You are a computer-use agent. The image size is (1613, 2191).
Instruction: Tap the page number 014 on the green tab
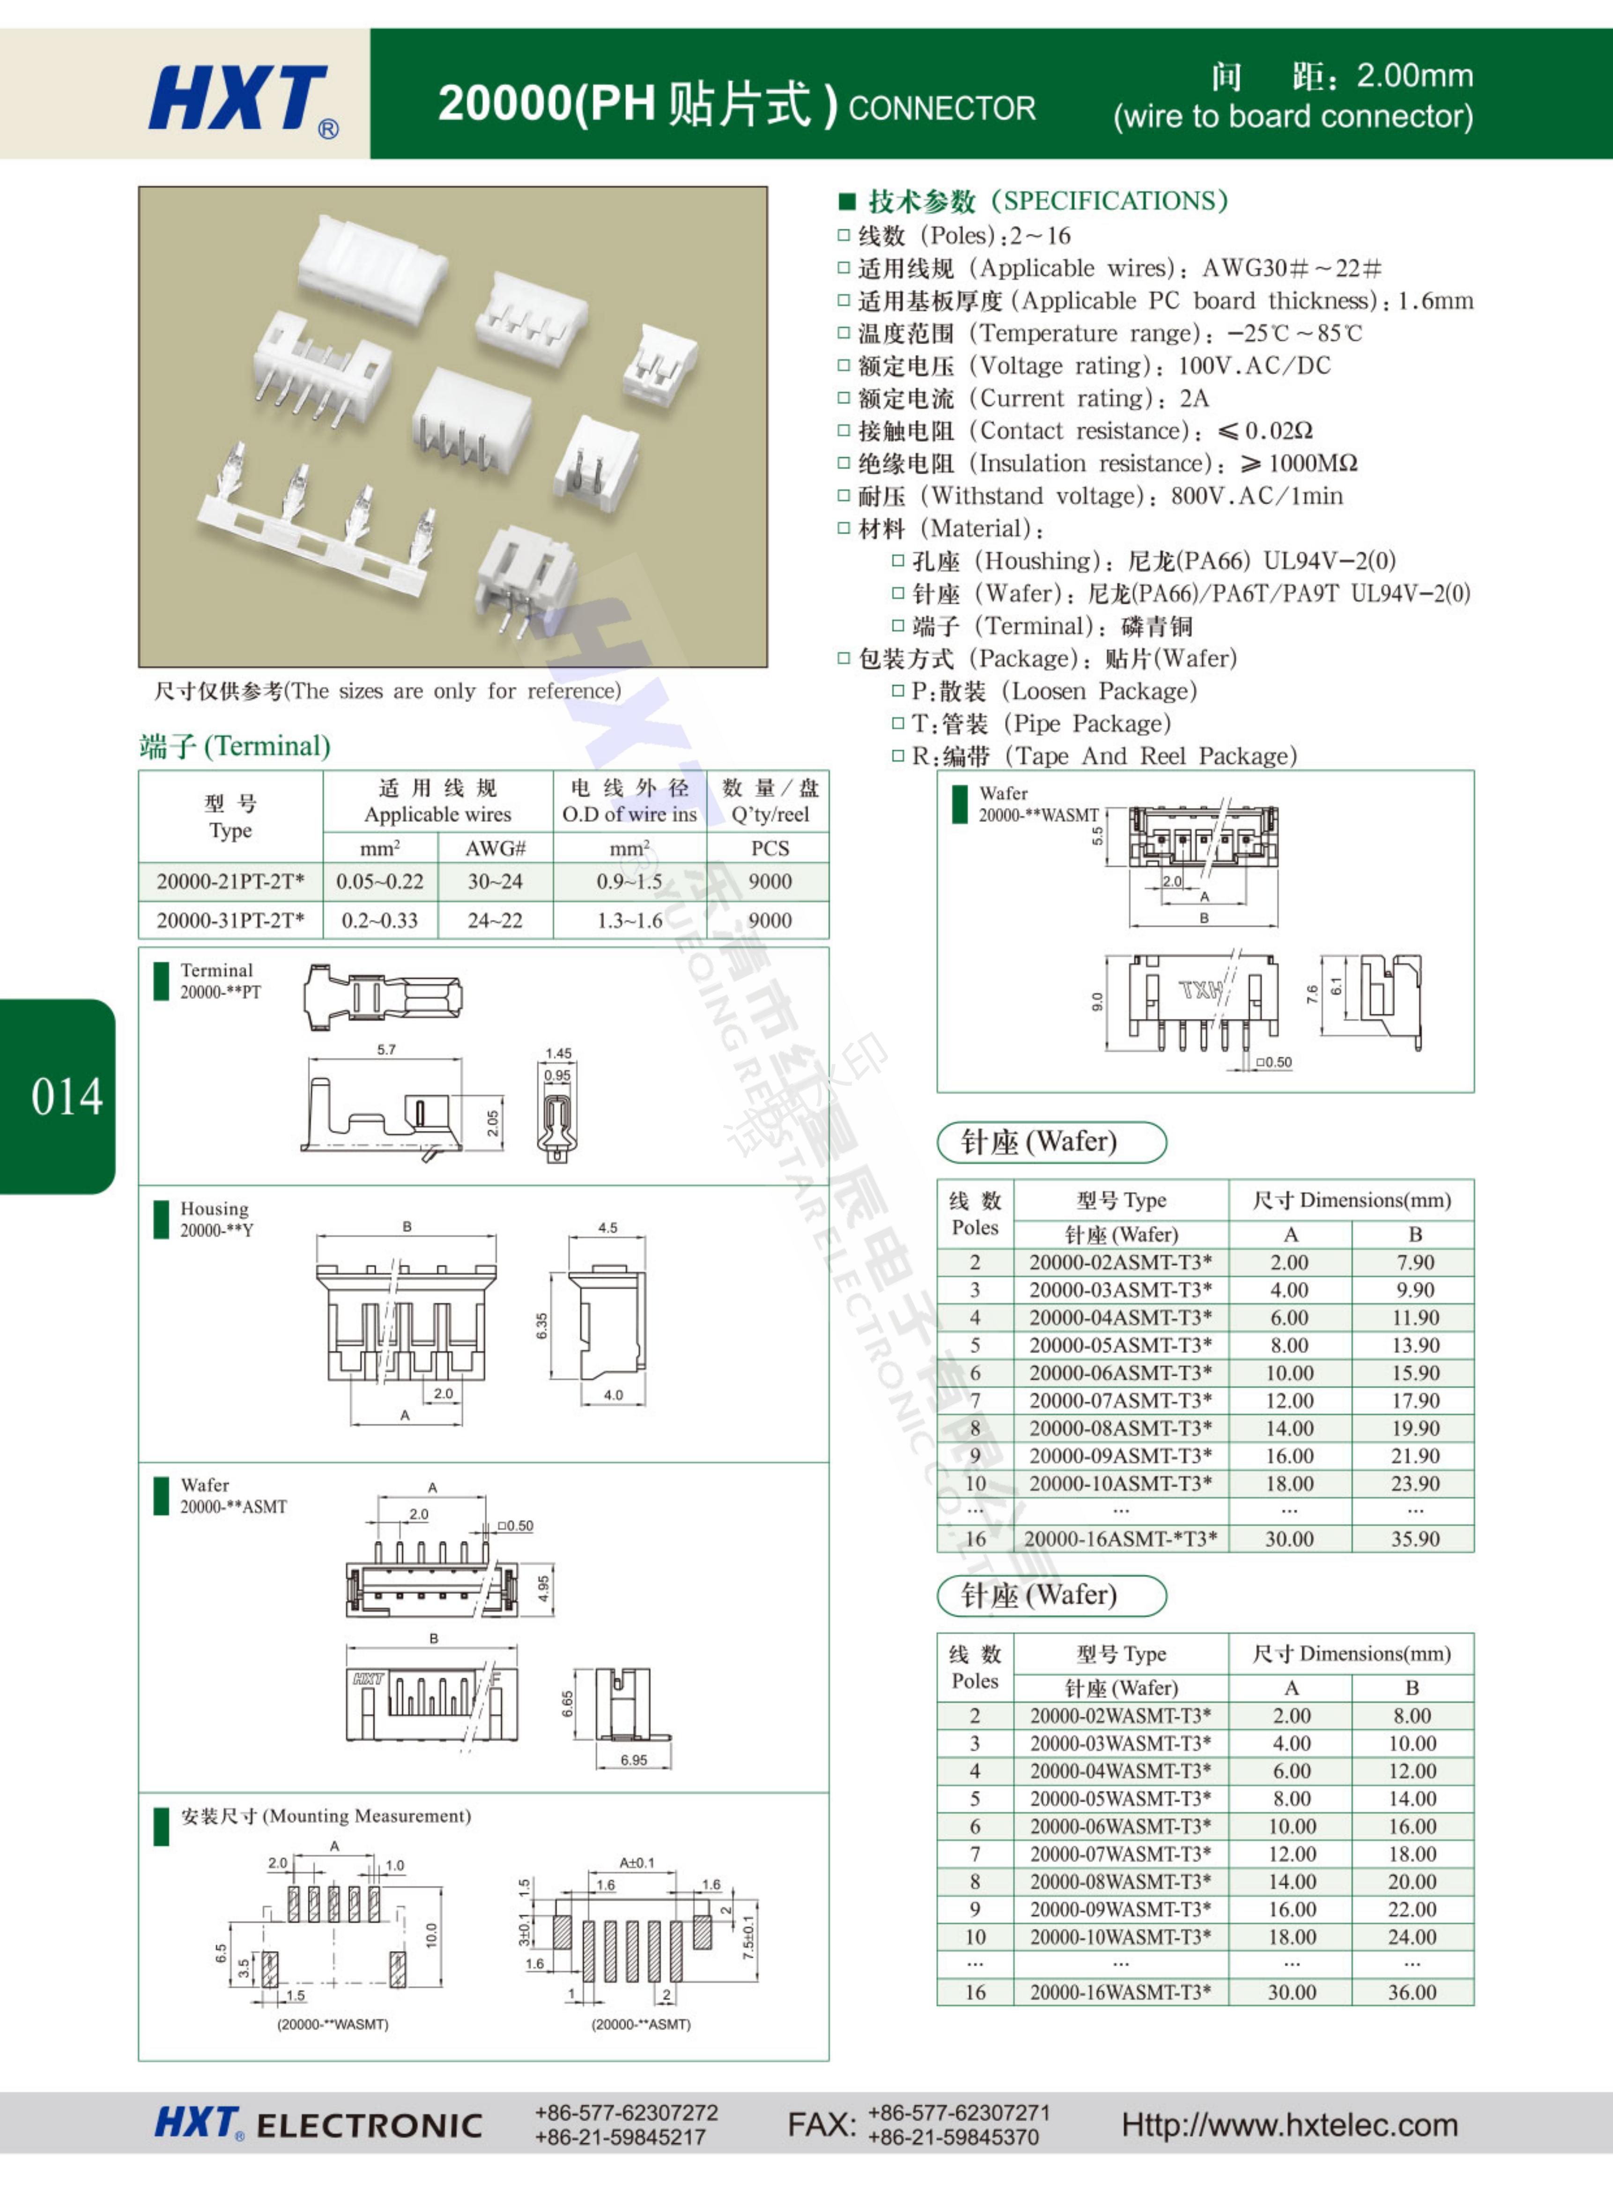[67, 1096]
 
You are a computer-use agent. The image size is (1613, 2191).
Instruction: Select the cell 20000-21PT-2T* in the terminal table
[230, 881]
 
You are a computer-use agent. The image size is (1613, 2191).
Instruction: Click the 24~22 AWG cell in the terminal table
[495, 920]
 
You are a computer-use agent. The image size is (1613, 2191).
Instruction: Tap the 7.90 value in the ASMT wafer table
[1415, 1262]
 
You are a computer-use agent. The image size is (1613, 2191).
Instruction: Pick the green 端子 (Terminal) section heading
[235, 746]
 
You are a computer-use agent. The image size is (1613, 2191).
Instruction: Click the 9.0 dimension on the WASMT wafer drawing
[1096, 1001]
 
